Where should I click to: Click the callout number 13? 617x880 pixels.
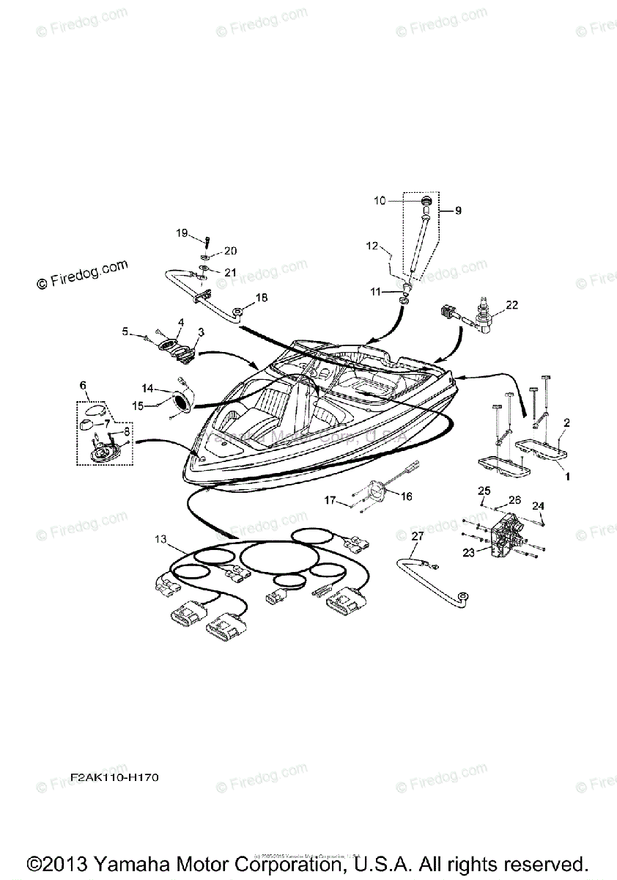[x=160, y=539]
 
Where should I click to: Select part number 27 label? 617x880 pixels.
[x=417, y=536]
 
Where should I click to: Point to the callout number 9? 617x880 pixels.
[x=458, y=210]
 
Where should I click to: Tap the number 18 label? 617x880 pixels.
[x=262, y=298]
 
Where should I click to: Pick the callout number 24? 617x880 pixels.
[x=538, y=505]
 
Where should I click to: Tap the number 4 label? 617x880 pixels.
[x=181, y=322]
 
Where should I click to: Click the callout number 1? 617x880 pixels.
[x=566, y=476]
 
